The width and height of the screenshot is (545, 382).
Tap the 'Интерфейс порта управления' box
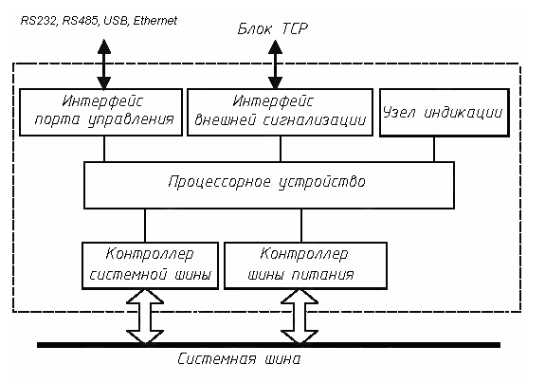click(x=103, y=111)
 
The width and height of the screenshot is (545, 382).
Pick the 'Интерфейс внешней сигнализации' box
click(x=280, y=111)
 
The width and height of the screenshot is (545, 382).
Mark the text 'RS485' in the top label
click(x=78, y=19)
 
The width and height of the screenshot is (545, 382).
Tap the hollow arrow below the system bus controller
click(x=145, y=318)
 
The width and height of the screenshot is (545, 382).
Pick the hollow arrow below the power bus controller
click(x=300, y=318)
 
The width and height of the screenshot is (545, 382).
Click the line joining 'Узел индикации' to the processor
click(x=434, y=150)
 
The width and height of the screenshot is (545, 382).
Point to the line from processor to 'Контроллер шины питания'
click(x=300, y=226)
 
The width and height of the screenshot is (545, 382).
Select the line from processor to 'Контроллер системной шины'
click(x=145, y=226)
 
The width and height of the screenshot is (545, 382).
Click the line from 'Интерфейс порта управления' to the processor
click(x=104, y=150)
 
